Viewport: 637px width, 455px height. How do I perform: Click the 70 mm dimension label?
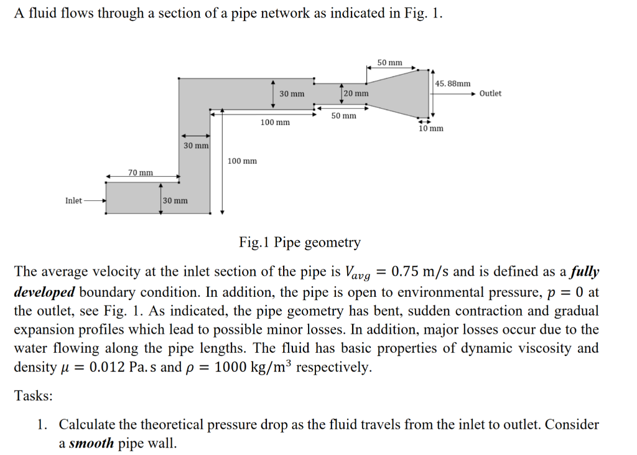tap(140, 172)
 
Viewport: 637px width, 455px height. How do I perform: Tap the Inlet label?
tap(73, 200)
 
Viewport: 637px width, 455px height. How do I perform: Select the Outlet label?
tap(490, 93)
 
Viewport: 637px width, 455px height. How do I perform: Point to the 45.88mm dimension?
tap(453, 83)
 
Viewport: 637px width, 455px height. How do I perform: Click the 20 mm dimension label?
tap(356, 93)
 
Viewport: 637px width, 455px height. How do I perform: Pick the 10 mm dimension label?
tap(431, 128)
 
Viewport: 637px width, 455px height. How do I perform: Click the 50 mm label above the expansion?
tap(390, 63)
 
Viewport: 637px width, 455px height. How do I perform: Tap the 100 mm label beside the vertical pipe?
tap(242, 161)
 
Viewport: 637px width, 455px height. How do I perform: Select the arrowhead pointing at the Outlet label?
tap(474, 93)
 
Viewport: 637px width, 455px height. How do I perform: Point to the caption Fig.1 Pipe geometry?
tap(299, 242)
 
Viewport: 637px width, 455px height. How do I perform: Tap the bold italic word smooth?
tap(91, 444)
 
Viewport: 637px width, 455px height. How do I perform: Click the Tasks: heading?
tap(34, 396)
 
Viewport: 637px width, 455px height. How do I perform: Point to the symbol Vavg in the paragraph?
tap(358, 273)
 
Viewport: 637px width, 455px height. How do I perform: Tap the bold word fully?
tap(585, 272)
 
